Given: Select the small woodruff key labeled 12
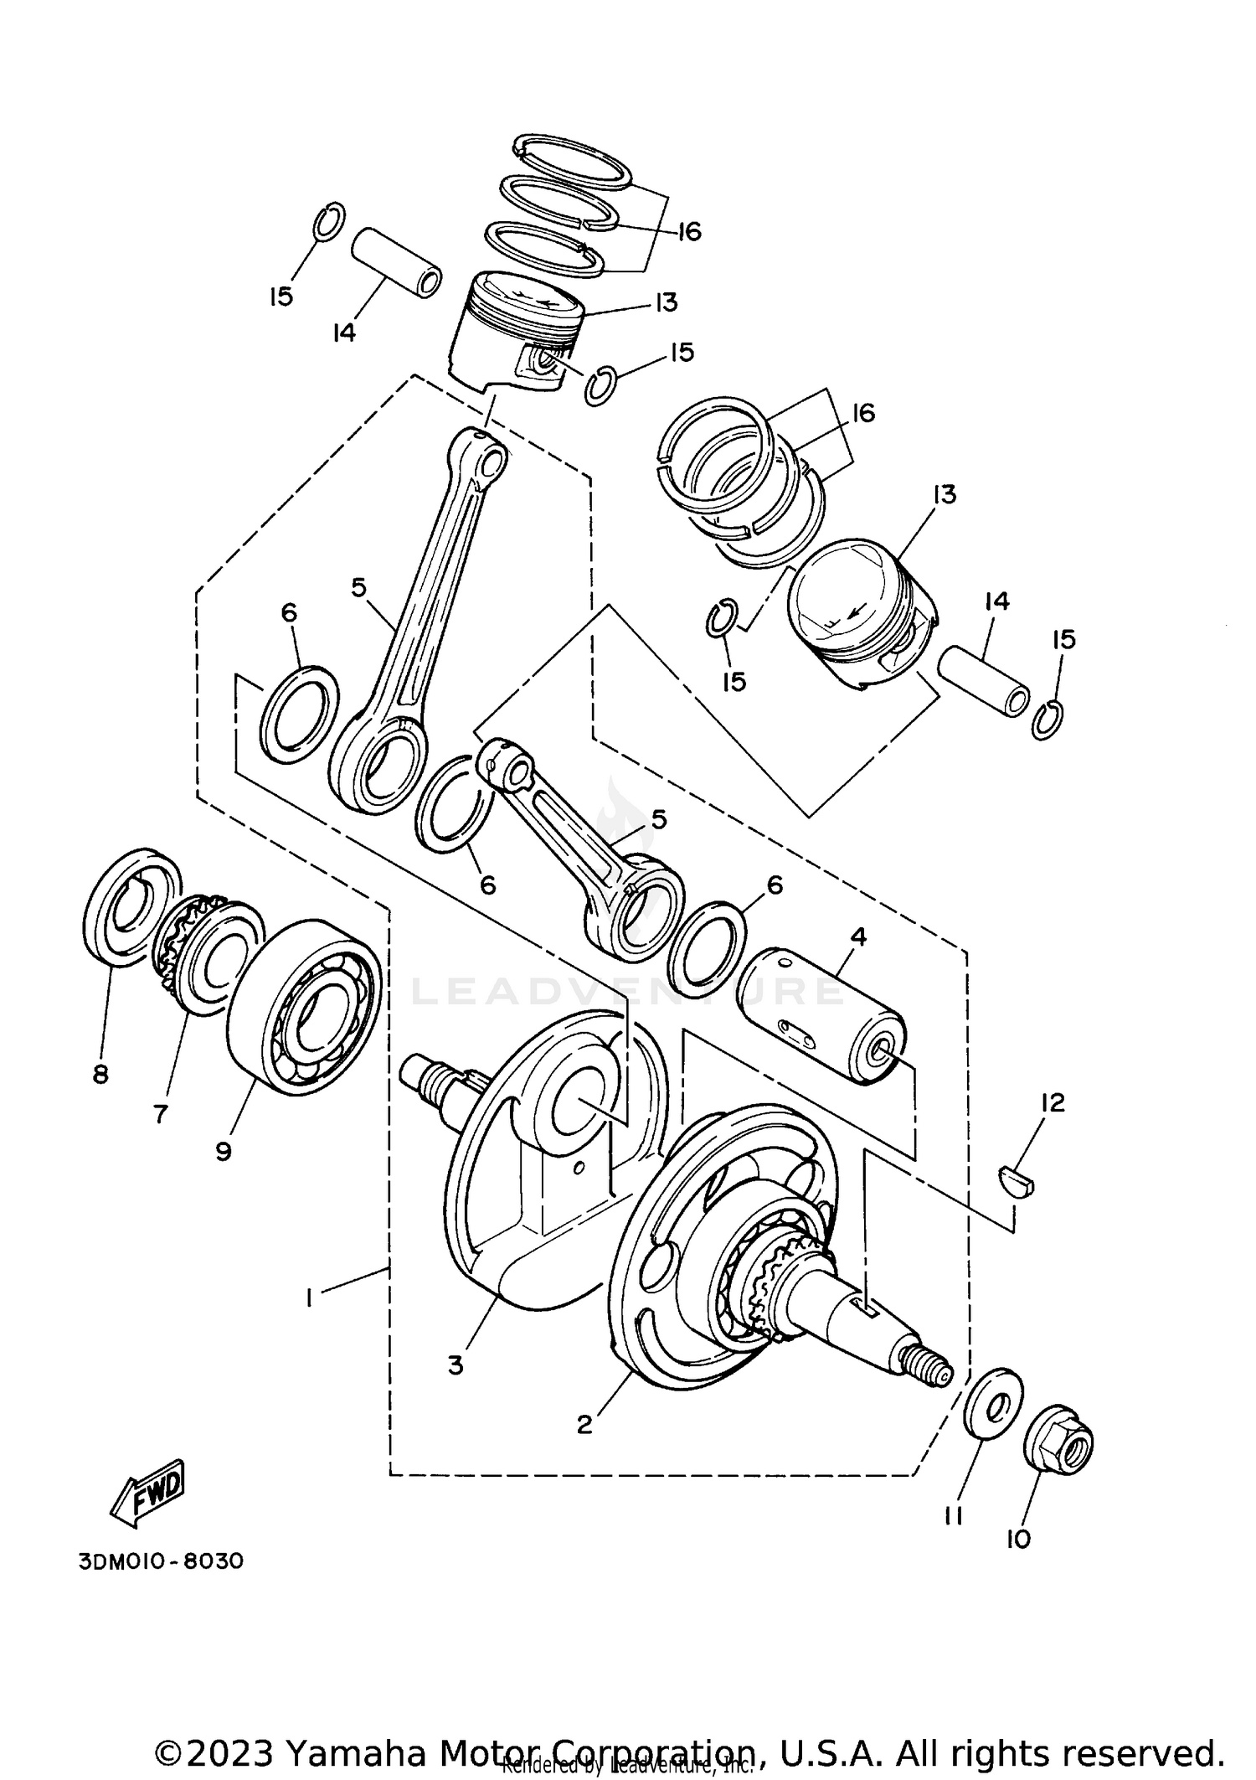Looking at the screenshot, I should pos(1018,1180).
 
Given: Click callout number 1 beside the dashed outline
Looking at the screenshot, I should pos(309,1298).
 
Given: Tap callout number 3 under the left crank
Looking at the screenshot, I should pos(456,1365).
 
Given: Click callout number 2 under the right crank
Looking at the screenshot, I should pos(584,1424).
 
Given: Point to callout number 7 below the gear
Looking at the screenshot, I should pos(161,1113).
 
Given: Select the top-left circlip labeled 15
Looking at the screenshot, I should pos(328,221).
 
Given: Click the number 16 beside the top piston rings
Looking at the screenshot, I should pos(688,231).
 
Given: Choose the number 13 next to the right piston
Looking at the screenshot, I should pos(944,494).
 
